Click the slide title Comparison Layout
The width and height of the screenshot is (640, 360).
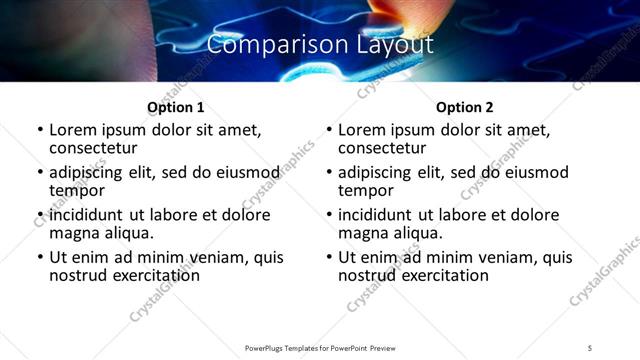[320, 45]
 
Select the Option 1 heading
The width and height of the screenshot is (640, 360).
[175, 107]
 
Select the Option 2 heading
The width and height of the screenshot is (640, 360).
[465, 107]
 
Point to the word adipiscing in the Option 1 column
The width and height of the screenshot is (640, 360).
[89, 172]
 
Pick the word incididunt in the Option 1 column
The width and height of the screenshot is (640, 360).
[87, 215]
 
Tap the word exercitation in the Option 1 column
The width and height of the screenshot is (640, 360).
[155, 275]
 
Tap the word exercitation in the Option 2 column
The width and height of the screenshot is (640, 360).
[444, 275]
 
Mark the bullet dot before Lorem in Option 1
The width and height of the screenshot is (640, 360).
[39, 130]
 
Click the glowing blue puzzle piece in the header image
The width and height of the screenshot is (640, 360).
[321, 72]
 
